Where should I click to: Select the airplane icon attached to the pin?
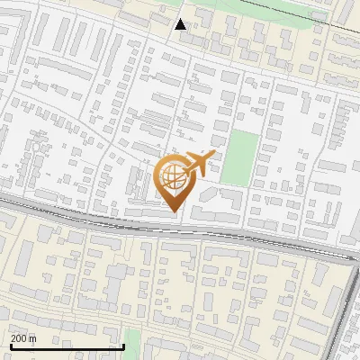(198, 165)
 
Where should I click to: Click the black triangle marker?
(181, 24)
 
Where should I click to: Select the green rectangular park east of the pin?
(238, 157)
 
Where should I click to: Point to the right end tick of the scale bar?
(123, 345)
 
